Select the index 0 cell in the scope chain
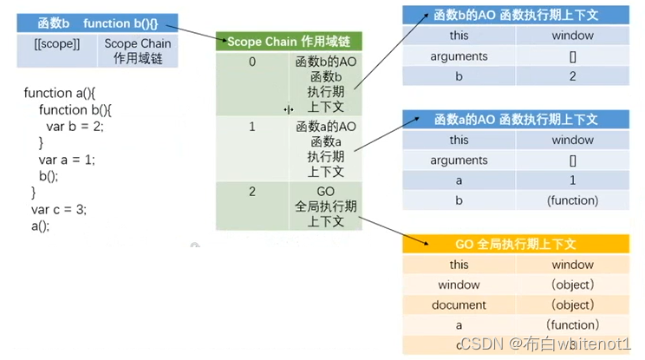click(252, 62)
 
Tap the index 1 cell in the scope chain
click(252, 127)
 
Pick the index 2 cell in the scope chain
click(252, 192)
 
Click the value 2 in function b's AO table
click(572, 76)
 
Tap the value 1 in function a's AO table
click(572, 180)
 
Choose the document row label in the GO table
click(459, 305)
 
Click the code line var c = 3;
click(59, 209)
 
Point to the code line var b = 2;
click(75, 127)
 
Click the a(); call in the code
click(40, 226)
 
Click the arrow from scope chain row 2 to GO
click(381, 228)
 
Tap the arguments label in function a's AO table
click(459, 160)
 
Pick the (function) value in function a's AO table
click(572, 200)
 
